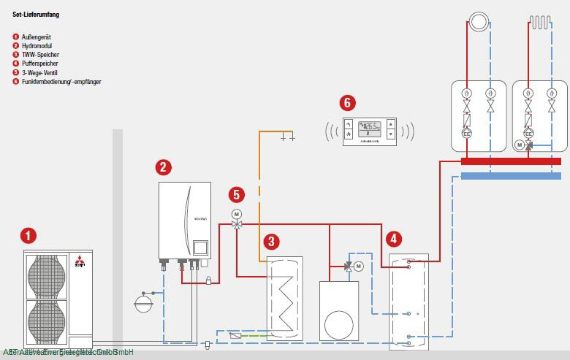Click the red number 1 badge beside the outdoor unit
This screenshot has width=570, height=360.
pyautogui.click(x=28, y=236)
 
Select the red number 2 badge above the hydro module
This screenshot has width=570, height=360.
pyautogui.click(x=164, y=167)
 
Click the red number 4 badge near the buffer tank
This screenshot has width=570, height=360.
pyautogui.click(x=394, y=239)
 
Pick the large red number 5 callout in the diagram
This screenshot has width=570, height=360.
pyautogui.click(x=235, y=194)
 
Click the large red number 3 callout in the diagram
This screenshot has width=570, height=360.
pyautogui.click(x=272, y=240)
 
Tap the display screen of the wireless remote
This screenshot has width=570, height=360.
pyautogui.click(x=370, y=126)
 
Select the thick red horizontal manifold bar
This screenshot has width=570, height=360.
pyautogui.click(x=512, y=161)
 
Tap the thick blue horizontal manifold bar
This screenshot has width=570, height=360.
pyautogui.click(x=512, y=176)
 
